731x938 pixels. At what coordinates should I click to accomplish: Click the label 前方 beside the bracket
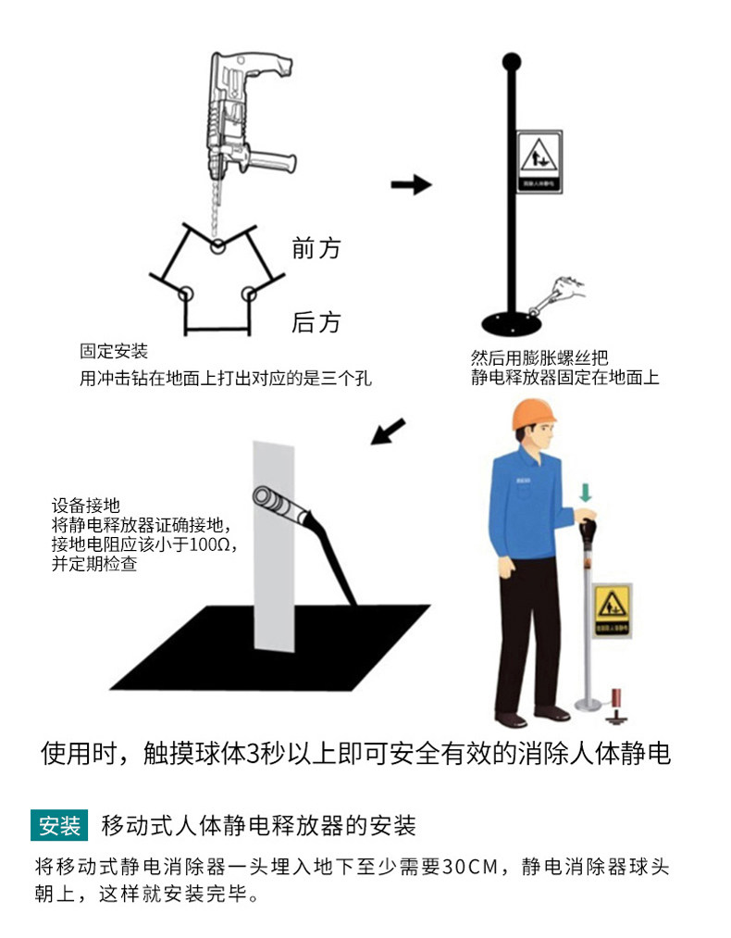pos(316,248)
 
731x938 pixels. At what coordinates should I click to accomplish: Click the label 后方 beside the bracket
pos(316,322)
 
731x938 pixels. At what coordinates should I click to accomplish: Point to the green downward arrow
pos(584,491)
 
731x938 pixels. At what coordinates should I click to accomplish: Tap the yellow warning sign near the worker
pos(613,610)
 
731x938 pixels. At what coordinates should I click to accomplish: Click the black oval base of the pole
pos(512,323)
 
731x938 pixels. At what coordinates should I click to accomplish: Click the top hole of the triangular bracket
pos(217,246)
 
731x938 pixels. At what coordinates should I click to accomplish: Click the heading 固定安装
pos(114,352)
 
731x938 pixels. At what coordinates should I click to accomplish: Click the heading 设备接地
pos(86,506)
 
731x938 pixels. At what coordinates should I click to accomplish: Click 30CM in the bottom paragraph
pos(472,868)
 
